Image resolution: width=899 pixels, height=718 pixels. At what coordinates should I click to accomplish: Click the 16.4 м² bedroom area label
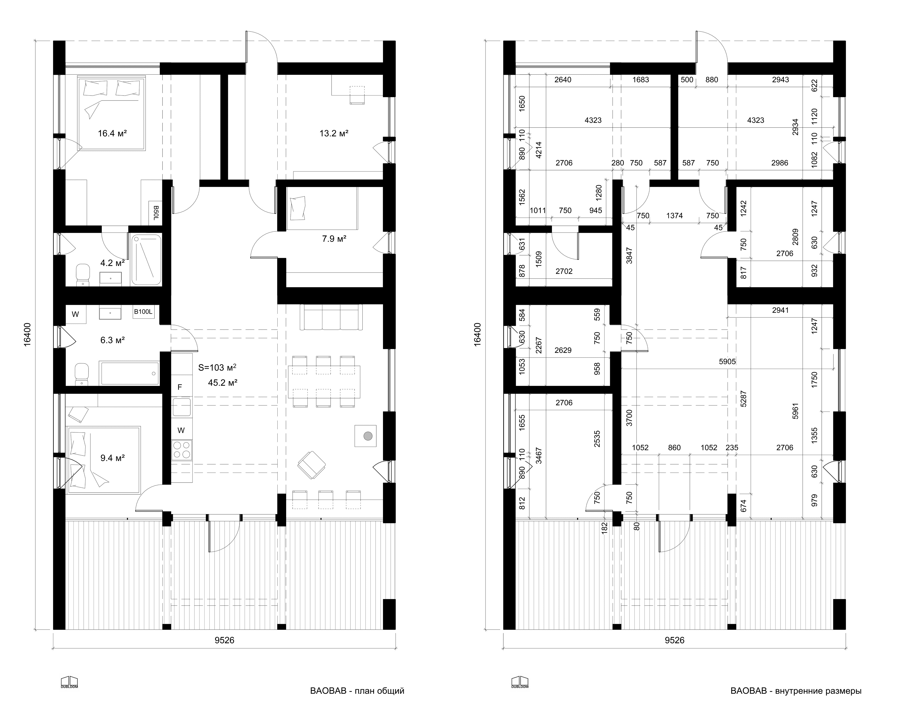pos(112,133)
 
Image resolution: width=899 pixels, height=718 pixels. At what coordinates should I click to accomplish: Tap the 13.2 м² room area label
pos(334,133)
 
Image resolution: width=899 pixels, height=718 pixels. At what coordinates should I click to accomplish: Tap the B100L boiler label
pos(143,311)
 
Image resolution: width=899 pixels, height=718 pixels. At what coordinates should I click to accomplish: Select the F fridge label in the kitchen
pos(180,387)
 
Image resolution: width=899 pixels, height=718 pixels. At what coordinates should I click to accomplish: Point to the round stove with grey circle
pos(365,436)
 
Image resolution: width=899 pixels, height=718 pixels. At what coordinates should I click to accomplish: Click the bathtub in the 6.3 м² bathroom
pos(129,373)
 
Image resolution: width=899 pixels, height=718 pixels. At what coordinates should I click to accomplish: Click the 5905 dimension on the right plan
pos(727,362)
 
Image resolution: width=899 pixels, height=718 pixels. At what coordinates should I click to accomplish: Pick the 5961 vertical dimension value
pos(795,410)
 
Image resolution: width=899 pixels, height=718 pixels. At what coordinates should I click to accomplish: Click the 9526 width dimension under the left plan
pos(224,640)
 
